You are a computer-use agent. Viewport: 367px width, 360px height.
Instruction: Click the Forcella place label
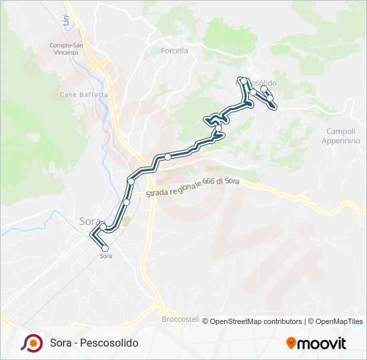pyautogui.click(x=175, y=50)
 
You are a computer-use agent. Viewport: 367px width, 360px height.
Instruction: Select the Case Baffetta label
pyautogui.click(x=84, y=95)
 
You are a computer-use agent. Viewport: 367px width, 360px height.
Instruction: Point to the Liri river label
pyautogui.click(x=66, y=21)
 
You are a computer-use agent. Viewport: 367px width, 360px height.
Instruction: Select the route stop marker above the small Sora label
pyautogui.click(x=105, y=248)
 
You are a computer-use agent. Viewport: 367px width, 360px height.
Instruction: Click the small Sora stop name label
pyautogui.click(x=105, y=256)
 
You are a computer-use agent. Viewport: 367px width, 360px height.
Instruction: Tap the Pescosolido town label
pyautogui.click(x=263, y=83)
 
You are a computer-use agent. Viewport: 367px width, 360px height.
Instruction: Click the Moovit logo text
pyautogui.click(x=322, y=343)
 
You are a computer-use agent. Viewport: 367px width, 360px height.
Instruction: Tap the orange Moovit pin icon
pyautogui.click(x=291, y=343)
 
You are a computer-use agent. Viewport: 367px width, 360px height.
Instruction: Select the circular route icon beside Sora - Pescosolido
pyautogui.click(x=31, y=343)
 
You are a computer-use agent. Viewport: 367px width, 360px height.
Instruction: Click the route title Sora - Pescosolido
pyautogui.click(x=94, y=343)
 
